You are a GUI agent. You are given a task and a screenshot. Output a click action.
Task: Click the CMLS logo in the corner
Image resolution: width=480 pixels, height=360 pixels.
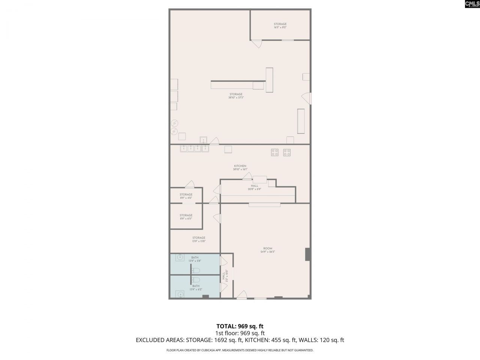click(x=472, y=4)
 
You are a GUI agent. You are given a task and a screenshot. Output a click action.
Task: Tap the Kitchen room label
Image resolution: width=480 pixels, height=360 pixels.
click(x=240, y=168)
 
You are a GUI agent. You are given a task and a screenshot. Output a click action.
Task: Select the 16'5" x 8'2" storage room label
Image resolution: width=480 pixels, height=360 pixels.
click(x=280, y=25)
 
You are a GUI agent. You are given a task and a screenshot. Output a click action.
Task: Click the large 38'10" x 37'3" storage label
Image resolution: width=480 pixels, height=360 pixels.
click(x=236, y=96)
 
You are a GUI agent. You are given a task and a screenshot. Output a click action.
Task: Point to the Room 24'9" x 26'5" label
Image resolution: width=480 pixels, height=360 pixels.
click(x=268, y=250)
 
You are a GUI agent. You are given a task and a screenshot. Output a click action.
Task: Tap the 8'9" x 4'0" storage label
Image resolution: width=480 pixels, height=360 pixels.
click(x=186, y=196)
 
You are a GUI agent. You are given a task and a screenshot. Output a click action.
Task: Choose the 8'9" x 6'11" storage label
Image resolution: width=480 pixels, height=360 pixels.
click(x=186, y=217)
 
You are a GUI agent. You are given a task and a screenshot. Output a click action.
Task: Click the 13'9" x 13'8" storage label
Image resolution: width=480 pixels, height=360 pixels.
click(x=199, y=239)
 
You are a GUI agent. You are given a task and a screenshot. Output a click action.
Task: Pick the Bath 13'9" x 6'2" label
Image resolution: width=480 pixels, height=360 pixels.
click(x=196, y=288)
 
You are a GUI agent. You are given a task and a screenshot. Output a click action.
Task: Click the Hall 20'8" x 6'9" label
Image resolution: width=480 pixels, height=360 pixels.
click(x=255, y=187)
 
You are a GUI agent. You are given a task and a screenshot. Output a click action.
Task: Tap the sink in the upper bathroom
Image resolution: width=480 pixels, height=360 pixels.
click(x=180, y=257)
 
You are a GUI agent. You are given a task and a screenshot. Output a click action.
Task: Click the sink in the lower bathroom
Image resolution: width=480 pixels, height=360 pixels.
click(x=180, y=294)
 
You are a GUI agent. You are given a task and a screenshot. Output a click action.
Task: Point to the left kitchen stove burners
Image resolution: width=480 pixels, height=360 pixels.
click(x=275, y=152)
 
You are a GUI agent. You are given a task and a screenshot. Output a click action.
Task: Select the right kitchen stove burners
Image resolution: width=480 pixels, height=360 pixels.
click(x=287, y=152)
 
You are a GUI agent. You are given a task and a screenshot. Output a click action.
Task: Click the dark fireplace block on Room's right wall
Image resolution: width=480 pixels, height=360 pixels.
click(x=307, y=254)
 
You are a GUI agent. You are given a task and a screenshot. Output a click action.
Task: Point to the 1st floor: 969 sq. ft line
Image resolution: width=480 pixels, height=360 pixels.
click(x=240, y=333)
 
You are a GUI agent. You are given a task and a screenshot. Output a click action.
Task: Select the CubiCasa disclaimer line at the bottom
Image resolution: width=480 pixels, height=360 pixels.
click(x=240, y=350)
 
